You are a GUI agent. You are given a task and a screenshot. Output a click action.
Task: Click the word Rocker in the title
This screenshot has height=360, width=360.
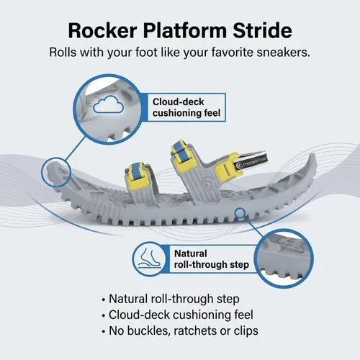102,30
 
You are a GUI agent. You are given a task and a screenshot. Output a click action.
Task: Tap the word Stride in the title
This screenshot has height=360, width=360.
263,30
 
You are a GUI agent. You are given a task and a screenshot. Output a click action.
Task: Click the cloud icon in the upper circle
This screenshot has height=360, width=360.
108,104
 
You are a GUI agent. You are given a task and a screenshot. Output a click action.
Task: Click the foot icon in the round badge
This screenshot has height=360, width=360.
149,258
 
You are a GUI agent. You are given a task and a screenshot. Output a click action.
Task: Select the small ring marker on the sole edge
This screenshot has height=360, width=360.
240,213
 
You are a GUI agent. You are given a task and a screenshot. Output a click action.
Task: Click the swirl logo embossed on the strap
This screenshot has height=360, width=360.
206,184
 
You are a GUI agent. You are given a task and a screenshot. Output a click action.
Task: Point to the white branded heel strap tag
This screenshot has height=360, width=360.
251,161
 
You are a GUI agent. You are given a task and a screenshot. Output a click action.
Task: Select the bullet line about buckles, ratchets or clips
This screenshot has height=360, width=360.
180,330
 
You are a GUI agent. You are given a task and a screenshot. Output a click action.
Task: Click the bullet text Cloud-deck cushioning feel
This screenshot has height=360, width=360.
177,315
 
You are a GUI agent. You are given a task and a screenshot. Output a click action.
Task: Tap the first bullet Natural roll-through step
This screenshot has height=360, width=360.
171,299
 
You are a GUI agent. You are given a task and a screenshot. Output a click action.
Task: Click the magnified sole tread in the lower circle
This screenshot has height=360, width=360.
284,258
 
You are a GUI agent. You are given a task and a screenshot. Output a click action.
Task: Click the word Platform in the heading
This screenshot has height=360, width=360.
185,30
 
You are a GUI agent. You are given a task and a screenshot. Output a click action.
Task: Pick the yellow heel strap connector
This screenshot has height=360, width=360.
225,166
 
